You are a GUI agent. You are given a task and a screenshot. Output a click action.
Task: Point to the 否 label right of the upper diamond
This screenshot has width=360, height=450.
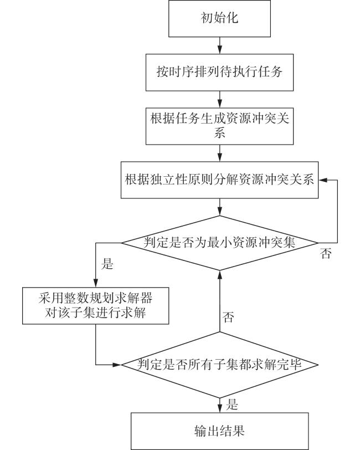326,253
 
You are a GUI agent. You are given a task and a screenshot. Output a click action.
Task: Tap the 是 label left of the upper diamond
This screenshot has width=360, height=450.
107,263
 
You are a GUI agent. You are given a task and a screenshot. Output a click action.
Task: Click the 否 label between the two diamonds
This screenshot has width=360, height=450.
228,317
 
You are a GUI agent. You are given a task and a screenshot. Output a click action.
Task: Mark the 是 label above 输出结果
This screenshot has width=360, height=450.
232,405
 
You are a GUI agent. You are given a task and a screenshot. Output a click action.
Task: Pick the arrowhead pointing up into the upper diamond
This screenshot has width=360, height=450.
220,274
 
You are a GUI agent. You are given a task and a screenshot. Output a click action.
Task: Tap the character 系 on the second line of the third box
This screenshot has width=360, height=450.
219,133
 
